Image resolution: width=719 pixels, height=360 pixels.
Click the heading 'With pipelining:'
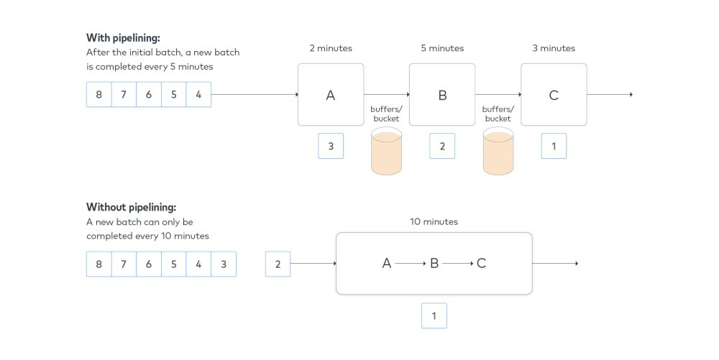(124, 38)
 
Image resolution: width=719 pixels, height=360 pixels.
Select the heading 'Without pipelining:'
(131, 208)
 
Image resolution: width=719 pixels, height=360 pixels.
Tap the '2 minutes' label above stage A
(331, 48)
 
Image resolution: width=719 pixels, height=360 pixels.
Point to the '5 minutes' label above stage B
(442, 48)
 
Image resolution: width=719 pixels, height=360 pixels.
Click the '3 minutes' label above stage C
(554, 48)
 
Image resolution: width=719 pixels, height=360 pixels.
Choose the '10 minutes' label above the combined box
(434, 222)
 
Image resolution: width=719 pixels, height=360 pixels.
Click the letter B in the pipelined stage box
(442, 96)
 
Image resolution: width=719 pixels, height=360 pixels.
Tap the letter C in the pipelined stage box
(554, 96)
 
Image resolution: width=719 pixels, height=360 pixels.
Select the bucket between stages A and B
(387, 151)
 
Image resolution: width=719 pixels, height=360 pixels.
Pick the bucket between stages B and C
(498, 151)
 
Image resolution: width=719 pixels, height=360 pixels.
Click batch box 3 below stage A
(331, 146)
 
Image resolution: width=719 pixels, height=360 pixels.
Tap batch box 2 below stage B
(442, 146)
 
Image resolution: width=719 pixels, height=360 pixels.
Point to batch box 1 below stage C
(554, 146)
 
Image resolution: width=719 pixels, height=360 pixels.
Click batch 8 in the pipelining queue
(99, 94)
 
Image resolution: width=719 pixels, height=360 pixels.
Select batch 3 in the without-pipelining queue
(224, 264)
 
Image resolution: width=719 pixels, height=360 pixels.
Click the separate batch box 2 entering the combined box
(278, 264)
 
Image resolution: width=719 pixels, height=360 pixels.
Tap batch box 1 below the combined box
(434, 315)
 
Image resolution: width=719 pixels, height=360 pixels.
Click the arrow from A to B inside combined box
(411, 264)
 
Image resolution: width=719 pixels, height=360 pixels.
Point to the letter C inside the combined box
(482, 264)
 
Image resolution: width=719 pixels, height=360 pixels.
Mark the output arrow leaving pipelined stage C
(610, 94)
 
